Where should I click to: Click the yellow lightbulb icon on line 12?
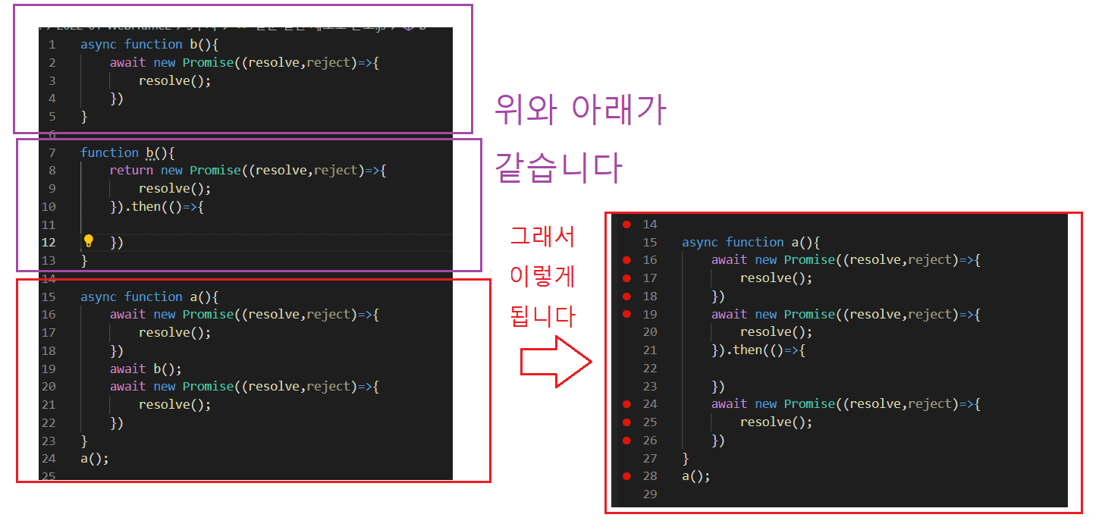tap(89, 241)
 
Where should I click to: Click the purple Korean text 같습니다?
tap(557, 168)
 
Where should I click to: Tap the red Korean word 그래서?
tap(542, 237)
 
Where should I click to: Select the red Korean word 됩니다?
tap(542, 315)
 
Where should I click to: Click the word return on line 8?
tap(131, 171)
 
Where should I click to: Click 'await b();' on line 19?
tap(146, 369)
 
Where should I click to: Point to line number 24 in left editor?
tap(49, 459)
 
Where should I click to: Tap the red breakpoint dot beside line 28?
tap(626, 476)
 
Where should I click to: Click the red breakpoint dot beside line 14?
tap(626, 224)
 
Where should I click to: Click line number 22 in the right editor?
tap(650, 369)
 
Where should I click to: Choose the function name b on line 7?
tap(150, 153)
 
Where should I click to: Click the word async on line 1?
tap(99, 45)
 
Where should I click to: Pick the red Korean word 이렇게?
tap(542, 276)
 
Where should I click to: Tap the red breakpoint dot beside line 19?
tap(626, 314)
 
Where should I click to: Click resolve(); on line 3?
tap(174, 81)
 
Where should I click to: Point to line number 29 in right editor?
tap(650, 494)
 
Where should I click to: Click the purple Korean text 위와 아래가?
tap(579, 111)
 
